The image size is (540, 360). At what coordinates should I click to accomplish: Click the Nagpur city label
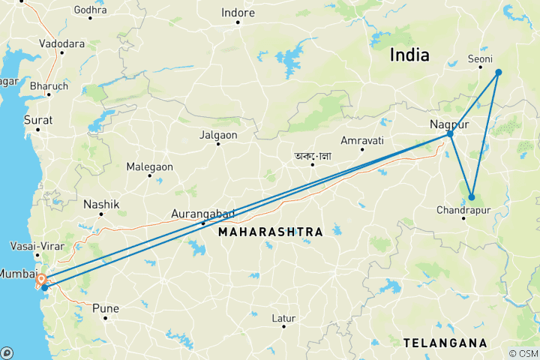(449, 124)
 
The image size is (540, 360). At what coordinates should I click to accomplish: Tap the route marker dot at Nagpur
(451, 134)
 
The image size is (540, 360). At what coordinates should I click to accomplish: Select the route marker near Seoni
(498, 72)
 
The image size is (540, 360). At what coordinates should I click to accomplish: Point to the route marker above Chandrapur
(472, 197)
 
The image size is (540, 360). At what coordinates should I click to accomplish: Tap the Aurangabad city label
(202, 214)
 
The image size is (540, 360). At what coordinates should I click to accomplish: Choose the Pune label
(106, 307)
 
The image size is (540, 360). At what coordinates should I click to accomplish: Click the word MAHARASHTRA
(271, 232)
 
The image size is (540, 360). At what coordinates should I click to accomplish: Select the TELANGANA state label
(445, 343)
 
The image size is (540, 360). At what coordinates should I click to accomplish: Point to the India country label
(409, 55)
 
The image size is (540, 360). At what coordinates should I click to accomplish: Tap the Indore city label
(238, 13)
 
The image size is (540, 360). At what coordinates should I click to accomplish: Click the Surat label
(37, 120)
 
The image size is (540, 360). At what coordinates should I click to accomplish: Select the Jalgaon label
(218, 135)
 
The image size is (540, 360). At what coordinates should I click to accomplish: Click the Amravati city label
(361, 140)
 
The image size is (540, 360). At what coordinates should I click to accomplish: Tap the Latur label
(283, 318)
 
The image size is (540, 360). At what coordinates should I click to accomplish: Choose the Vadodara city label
(62, 43)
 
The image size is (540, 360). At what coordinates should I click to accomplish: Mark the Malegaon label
(149, 166)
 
